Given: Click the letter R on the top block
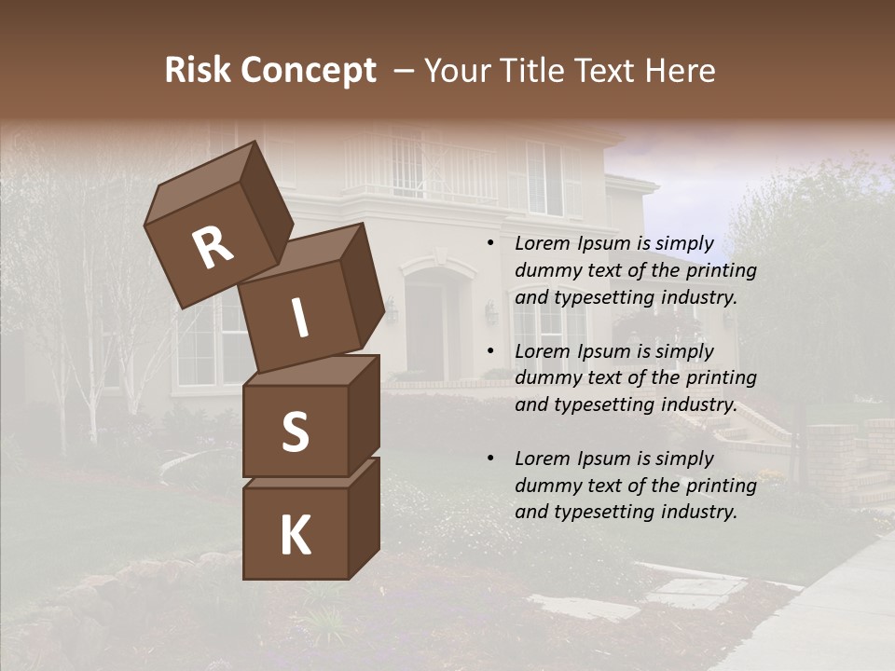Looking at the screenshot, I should pos(213,248).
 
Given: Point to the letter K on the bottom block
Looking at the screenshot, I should pos(295,536).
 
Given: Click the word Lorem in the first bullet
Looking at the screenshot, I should pos(543,244).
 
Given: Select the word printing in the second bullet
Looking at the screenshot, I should pos(721,378).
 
